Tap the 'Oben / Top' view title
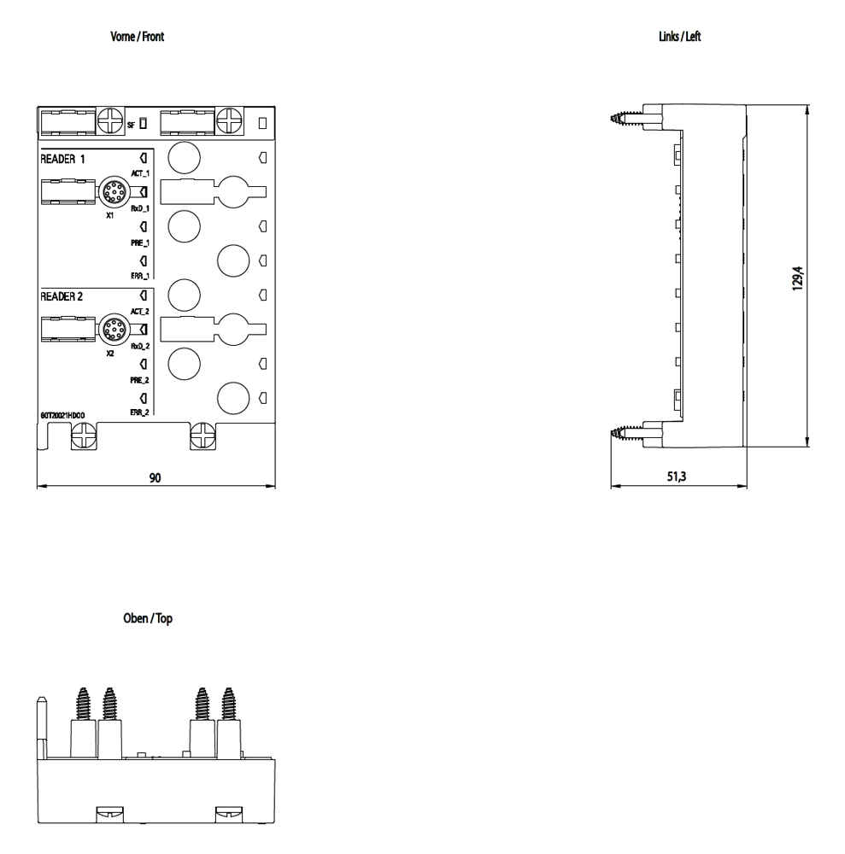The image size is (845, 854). (x=149, y=618)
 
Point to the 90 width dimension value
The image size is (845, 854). (x=156, y=478)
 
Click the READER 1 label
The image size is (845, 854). (x=63, y=160)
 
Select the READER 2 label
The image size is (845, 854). (x=63, y=296)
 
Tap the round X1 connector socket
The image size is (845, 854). (x=112, y=192)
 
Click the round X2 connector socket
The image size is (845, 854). (x=112, y=329)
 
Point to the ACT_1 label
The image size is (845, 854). (x=140, y=173)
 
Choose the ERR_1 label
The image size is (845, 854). (x=140, y=276)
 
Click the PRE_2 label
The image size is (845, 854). (x=140, y=380)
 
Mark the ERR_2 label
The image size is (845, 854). (x=140, y=412)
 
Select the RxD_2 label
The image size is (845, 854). (x=140, y=346)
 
